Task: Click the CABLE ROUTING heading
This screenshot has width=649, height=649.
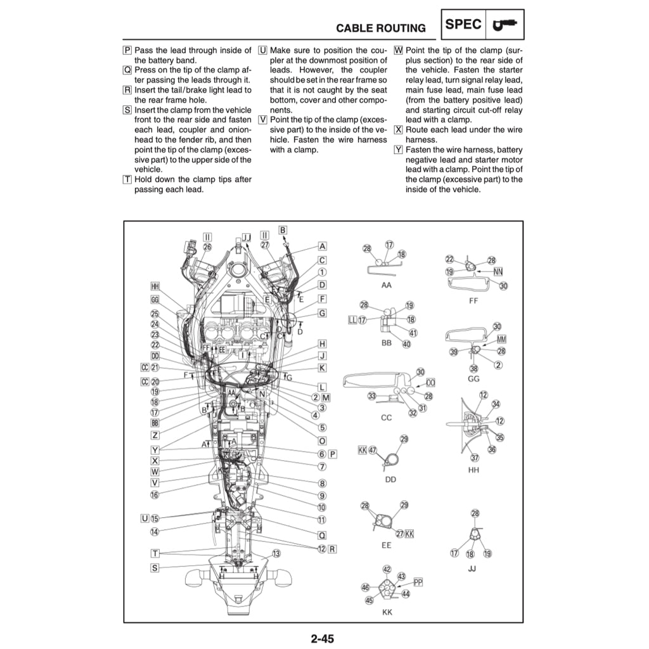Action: [380, 28]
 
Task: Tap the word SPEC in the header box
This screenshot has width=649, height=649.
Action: [463, 25]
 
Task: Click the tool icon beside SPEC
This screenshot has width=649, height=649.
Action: [505, 25]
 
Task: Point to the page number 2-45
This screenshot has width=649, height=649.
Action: [322, 638]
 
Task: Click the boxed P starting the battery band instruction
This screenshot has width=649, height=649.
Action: [127, 50]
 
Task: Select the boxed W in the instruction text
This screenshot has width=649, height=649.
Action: [398, 50]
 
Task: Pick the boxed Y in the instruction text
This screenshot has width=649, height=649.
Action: [398, 150]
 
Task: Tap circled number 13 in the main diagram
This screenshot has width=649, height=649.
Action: [276, 553]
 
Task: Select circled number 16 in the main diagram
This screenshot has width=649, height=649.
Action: [155, 494]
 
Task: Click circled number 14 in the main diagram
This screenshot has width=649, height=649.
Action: [155, 532]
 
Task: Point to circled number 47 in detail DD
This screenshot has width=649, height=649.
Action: [373, 450]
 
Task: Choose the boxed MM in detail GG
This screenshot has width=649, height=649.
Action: [501, 339]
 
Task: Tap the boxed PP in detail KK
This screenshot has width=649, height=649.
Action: [418, 581]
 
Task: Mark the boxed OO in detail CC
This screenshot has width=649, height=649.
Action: [431, 382]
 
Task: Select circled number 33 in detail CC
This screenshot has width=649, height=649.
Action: [372, 396]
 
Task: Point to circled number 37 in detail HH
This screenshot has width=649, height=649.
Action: [474, 458]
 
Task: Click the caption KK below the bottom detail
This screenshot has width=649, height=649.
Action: [387, 612]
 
